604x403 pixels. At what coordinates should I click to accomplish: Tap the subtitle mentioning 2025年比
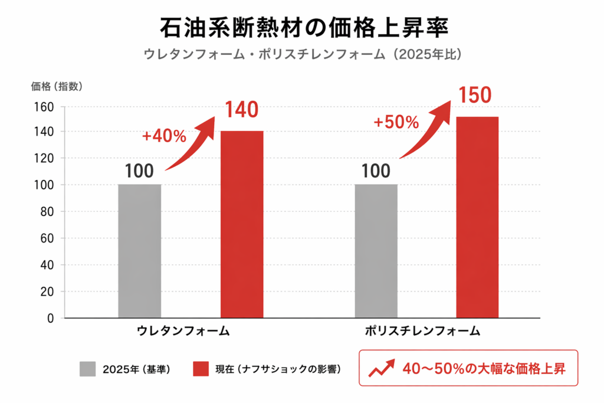(x=302, y=54)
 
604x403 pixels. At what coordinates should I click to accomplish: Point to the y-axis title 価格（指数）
(x=57, y=87)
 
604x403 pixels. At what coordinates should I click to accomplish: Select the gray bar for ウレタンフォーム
(x=139, y=251)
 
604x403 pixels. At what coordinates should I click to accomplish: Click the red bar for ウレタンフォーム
(x=242, y=224)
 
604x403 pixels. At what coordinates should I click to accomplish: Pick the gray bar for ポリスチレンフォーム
(x=376, y=251)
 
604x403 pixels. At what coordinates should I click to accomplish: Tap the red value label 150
(x=475, y=95)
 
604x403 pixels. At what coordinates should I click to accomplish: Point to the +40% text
(x=164, y=136)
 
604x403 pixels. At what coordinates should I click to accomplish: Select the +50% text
(x=396, y=122)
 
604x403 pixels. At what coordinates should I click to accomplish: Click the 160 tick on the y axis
(x=46, y=107)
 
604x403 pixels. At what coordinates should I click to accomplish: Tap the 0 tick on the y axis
(x=51, y=318)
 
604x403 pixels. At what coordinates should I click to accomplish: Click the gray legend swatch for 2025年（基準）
(x=87, y=369)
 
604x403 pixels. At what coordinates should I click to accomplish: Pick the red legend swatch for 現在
(x=201, y=369)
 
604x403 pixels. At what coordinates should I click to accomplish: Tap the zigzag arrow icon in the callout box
(x=381, y=369)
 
